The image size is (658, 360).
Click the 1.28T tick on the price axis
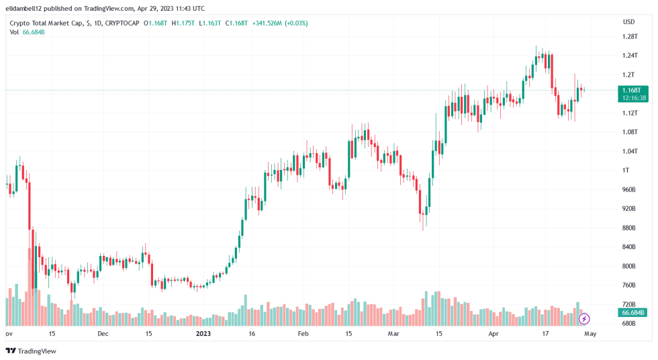pos(629,36)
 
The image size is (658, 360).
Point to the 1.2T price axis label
pos(628,75)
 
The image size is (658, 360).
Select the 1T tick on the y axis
pos(625,170)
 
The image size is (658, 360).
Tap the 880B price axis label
pos(628,228)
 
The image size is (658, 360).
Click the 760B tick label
pos(628,285)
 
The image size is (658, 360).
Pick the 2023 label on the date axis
pos(203,333)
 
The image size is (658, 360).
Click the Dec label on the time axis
pos(103,333)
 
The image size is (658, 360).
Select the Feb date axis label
pos(303,333)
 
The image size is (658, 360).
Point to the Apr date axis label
pos(493,333)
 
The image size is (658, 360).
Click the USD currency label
pos(628,21)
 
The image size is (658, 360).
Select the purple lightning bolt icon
pos(584,318)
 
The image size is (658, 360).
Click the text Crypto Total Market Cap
pos(46,23)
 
